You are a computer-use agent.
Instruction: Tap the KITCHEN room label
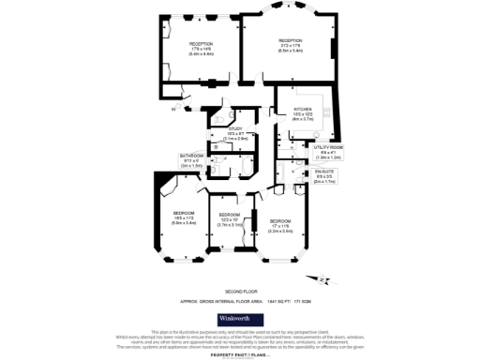(302, 109)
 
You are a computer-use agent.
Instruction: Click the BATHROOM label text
(192, 156)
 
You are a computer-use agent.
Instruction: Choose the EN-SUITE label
(325, 173)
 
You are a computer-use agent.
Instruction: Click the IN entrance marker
(173, 109)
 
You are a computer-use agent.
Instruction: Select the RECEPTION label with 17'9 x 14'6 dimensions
(201, 44)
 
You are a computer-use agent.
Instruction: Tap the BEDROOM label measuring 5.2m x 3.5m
(280, 220)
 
